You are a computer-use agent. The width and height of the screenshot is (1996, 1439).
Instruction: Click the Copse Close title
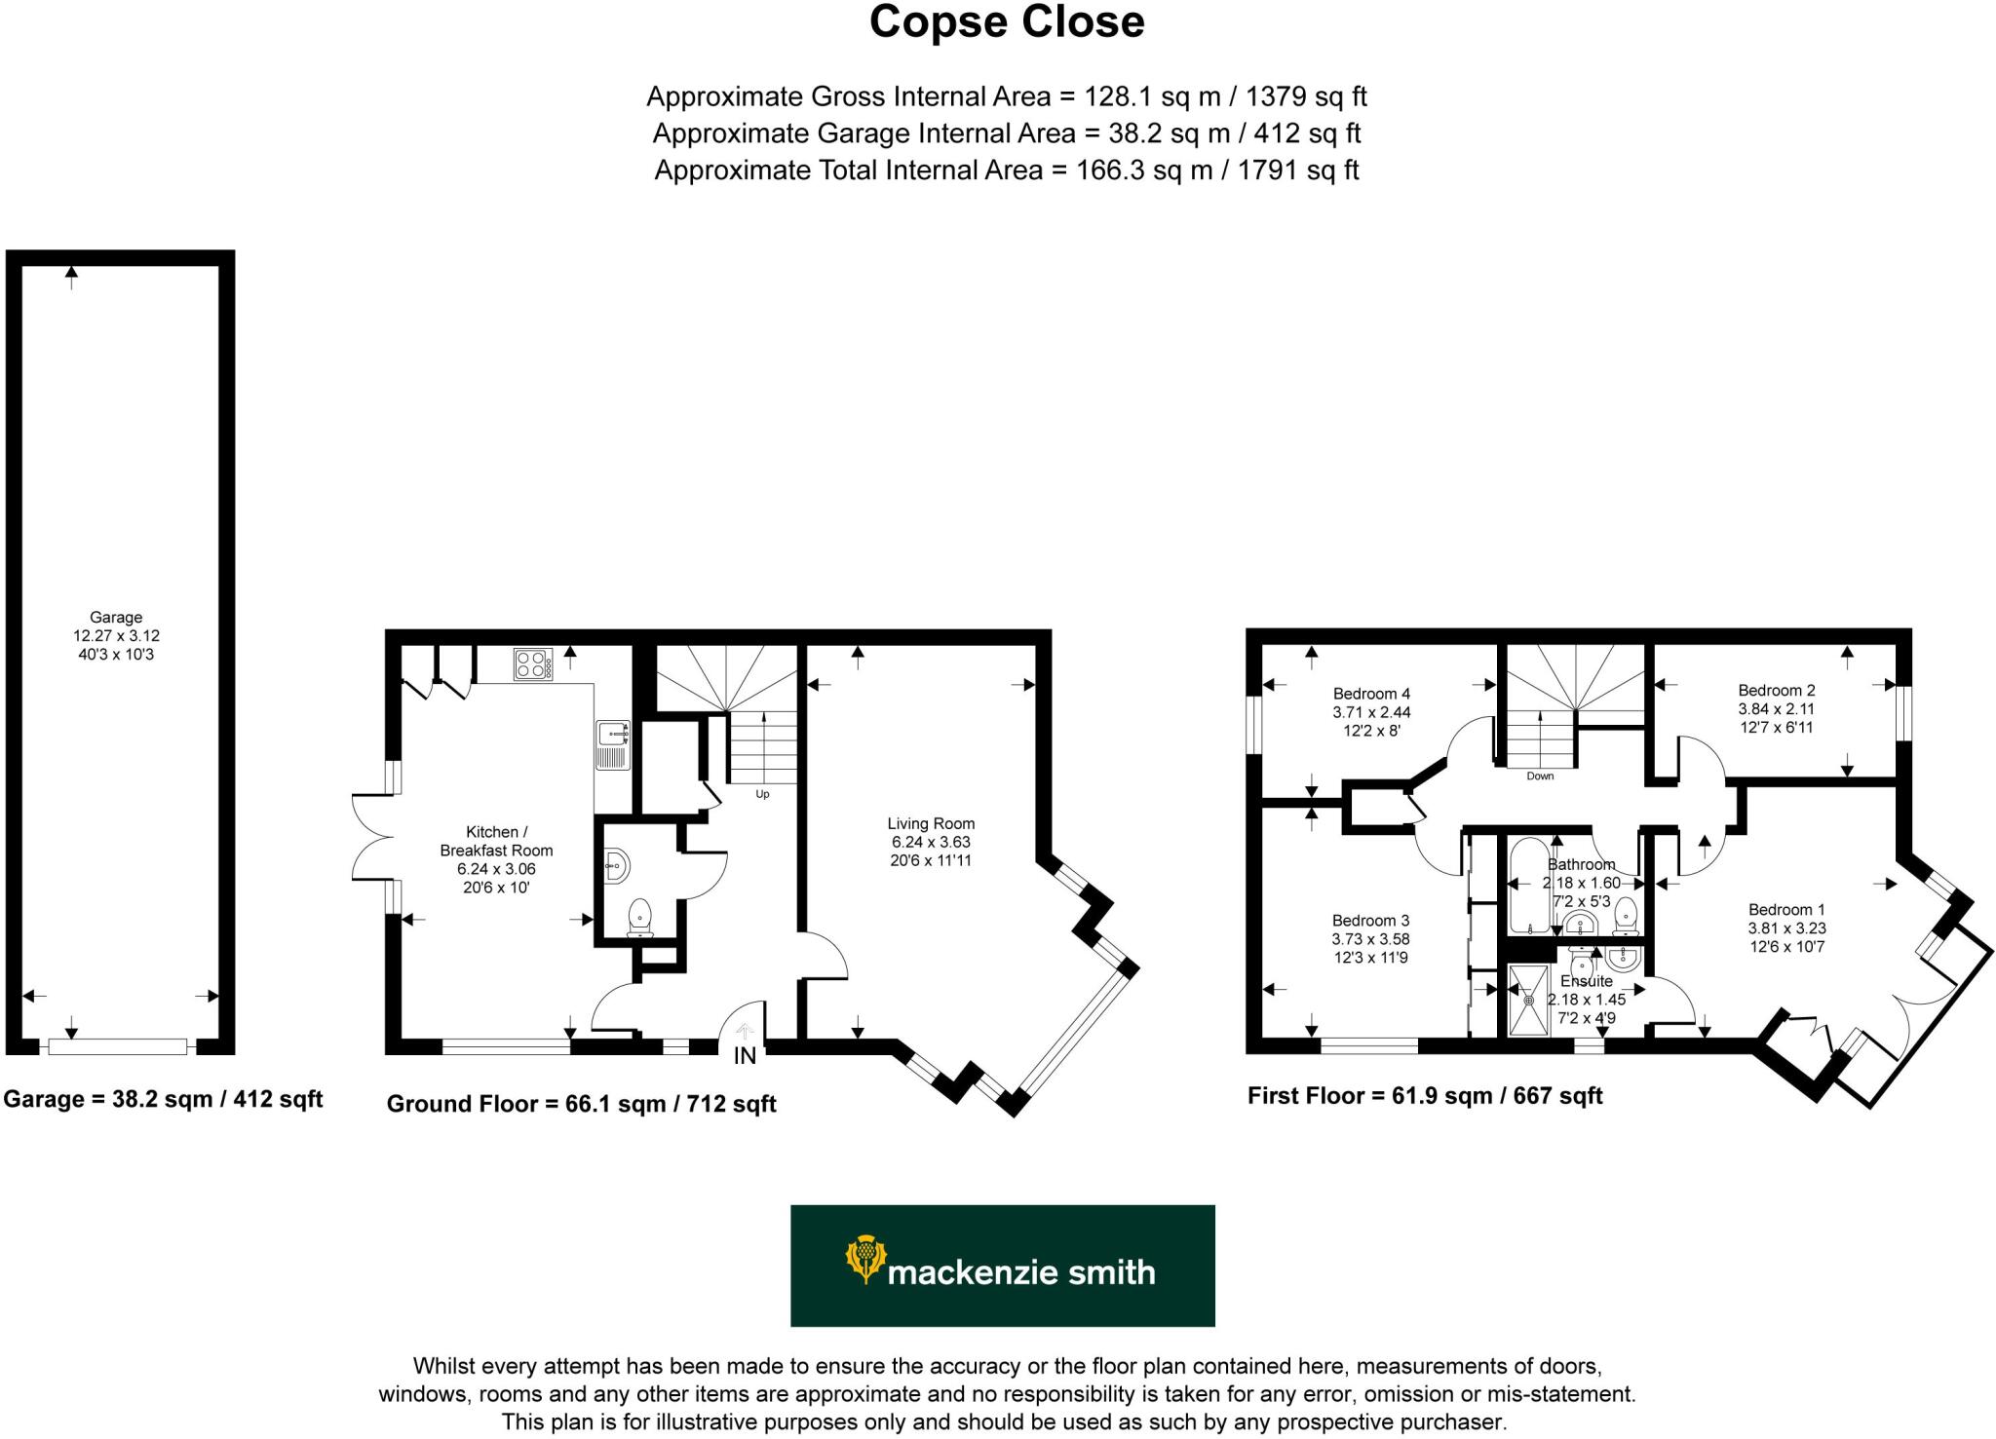pyautogui.click(x=1006, y=23)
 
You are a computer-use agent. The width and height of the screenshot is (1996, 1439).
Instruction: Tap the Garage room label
pyautogui.click(x=116, y=617)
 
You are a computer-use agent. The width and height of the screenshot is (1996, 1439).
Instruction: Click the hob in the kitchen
pyautogui.click(x=533, y=664)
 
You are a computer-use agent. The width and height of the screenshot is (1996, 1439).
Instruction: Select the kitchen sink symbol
pyautogui.click(x=613, y=745)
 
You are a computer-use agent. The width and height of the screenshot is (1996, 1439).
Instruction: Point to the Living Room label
pyautogui.click(x=931, y=823)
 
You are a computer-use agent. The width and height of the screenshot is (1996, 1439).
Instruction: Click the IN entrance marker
pyautogui.click(x=745, y=1056)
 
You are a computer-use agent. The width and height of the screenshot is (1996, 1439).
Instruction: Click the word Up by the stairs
pyautogui.click(x=762, y=794)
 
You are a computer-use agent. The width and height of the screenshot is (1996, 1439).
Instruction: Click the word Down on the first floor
pyautogui.click(x=1540, y=776)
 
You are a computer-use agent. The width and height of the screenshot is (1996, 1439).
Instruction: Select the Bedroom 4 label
pyautogui.click(x=1371, y=694)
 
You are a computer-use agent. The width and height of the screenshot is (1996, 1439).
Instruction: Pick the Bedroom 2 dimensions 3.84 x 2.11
pyautogui.click(x=1776, y=709)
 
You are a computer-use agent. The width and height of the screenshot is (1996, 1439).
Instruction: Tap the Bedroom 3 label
pyautogui.click(x=1370, y=921)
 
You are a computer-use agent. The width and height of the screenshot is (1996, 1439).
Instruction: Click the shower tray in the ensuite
pyautogui.click(x=1528, y=1000)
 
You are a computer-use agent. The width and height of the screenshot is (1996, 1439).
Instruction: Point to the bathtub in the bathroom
pyautogui.click(x=1526, y=887)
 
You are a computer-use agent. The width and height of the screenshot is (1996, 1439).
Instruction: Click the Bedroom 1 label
pyautogui.click(x=1786, y=910)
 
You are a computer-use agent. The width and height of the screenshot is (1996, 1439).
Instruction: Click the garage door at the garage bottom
pyautogui.click(x=117, y=1046)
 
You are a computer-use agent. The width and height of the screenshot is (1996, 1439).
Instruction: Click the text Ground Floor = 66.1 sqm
pyautogui.click(x=581, y=1104)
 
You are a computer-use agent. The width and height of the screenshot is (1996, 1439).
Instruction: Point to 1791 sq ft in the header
pyautogui.click(x=1297, y=170)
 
